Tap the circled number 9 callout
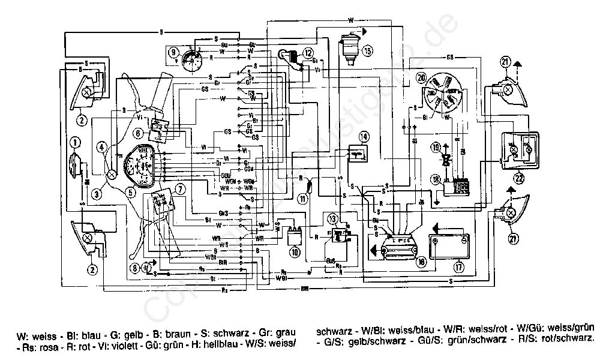coord(173,52)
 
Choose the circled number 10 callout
coord(294,253)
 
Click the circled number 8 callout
coord(136,268)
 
